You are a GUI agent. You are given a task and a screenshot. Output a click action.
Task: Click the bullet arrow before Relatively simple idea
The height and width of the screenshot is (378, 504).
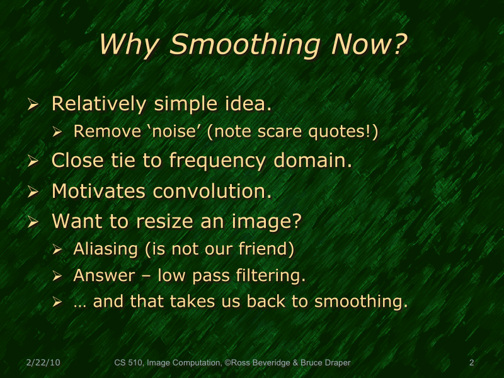click(x=34, y=105)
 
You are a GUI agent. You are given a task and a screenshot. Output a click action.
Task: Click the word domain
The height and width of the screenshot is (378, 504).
click(x=312, y=161)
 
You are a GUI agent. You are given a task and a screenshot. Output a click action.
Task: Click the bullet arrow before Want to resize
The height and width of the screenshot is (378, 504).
click(x=34, y=222)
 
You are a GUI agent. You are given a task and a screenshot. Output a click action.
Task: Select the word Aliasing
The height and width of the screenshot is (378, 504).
click(x=105, y=249)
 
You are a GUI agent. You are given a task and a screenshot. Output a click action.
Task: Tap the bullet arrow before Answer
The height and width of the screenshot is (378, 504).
click(x=57, y=276)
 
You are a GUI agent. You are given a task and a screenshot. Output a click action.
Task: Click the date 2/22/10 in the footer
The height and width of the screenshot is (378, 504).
click(x=43, y=363)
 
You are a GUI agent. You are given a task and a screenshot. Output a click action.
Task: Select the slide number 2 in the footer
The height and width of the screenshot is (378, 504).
click(x=471, y=363)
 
